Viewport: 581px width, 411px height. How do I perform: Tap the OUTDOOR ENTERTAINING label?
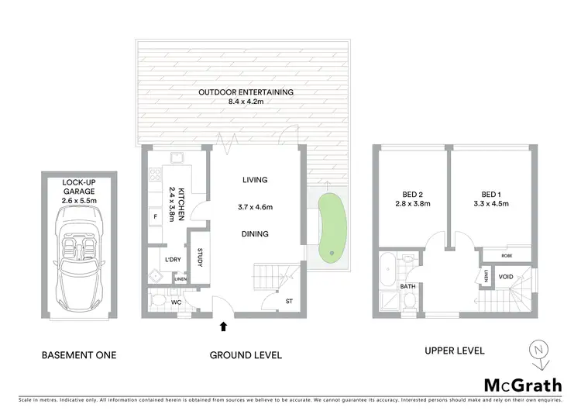click(x=246, y=92)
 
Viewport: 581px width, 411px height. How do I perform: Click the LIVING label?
click(x=254, y=180)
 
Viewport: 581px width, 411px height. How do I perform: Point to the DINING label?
click(x=254, y=233)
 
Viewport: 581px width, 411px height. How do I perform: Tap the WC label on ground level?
click(x=177, y=302)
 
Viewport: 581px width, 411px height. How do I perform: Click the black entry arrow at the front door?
click(x=225, y=326)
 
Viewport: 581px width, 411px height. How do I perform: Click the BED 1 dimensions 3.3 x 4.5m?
click(x=490, y=204)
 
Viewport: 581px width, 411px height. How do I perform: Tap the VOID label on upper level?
click(x=505, y=276)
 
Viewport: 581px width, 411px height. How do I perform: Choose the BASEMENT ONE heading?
click(x=78, y=355)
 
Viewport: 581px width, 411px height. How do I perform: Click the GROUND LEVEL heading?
click(x=246, y=355)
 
